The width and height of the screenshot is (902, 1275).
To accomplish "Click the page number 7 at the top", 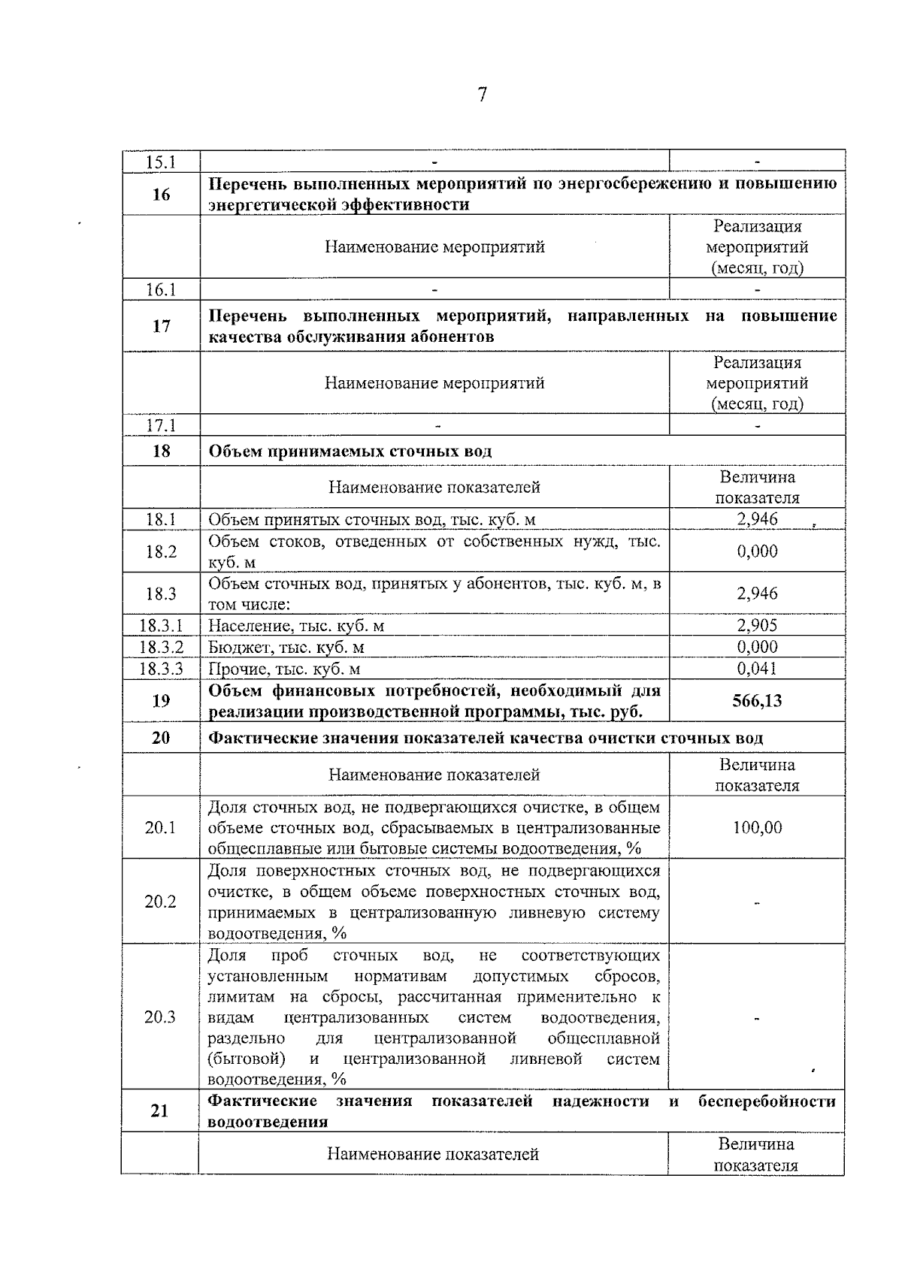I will point(482,95).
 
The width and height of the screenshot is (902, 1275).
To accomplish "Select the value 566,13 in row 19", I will point(757,701).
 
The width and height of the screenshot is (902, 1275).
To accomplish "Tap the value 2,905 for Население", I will point(757,625).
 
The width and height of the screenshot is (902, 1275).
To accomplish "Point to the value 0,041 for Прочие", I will point(757,669).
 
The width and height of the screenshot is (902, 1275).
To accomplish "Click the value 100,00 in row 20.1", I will point(757,827).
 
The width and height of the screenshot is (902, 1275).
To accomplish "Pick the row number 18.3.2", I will point(161,647).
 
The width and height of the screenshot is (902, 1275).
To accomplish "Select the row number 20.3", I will point(160,1017).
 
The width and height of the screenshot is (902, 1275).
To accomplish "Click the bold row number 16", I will point(161,195).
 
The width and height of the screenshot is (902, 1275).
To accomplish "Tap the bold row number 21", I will point(159,1110).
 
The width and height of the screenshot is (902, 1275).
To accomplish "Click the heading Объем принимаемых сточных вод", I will point(350,451).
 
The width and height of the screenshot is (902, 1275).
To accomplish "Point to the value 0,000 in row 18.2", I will point(757,551).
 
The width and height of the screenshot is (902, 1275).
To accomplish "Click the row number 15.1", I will point(160,162).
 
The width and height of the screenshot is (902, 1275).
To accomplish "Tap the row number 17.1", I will point(160,425).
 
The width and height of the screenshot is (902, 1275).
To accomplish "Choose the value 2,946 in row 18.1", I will point(757,519).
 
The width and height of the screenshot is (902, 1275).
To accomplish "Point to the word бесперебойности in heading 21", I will point(766,1101).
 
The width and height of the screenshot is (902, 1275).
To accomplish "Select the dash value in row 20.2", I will point(757,902).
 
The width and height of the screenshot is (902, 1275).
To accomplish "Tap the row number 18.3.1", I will point(161,625).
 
